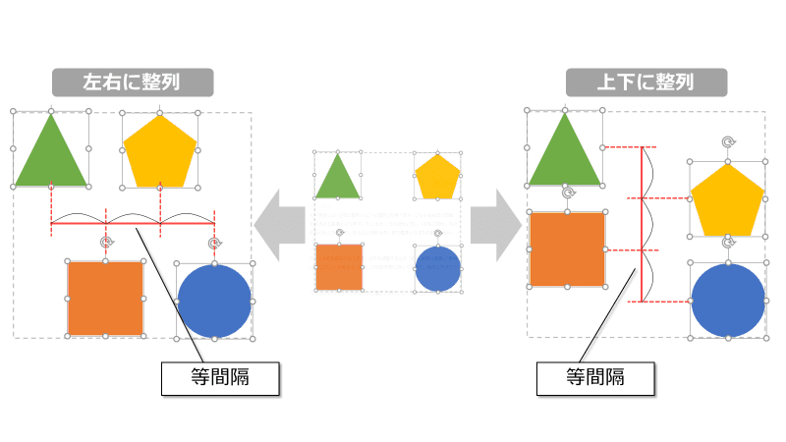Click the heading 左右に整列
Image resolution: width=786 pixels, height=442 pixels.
133,82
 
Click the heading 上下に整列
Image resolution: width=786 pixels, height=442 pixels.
646,82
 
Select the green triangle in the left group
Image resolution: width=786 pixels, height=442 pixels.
50,157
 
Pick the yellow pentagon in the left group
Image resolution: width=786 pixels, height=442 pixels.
160,152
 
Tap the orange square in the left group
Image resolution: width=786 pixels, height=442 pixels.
105,299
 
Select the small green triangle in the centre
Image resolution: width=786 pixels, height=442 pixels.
337,179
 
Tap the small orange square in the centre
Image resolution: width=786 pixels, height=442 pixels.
339,267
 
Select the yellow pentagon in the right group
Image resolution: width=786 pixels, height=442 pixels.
727,200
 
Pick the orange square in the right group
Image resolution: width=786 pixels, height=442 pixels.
567,249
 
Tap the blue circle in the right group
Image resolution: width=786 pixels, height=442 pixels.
728,300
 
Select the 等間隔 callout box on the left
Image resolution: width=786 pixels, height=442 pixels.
219,378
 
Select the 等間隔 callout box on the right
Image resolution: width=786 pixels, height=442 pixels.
595,378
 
